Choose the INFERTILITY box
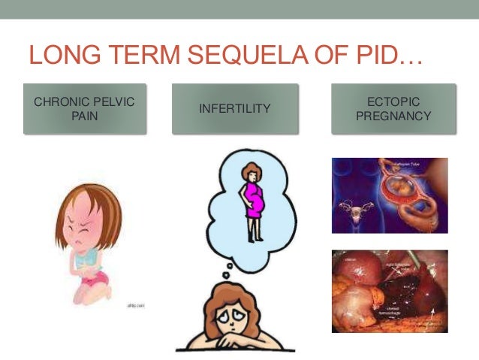pos(233,109)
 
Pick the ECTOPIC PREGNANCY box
pos(393,109)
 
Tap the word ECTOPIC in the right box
pos(393,101)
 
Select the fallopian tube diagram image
pos(390,195)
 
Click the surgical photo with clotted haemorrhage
pos(390,291)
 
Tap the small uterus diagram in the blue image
pos(350,207)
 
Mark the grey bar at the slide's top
pos(239,9)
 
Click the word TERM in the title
pos(143,57)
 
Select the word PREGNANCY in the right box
pos(393,116)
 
